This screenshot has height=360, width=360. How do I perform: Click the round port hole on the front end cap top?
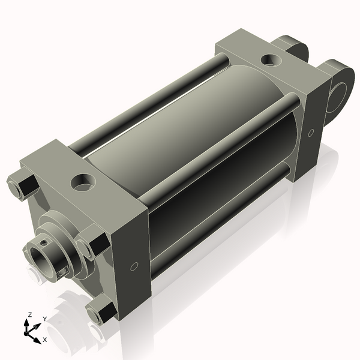click(x=83, y=182)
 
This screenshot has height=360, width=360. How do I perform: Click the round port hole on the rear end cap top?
click(x=271, y=60)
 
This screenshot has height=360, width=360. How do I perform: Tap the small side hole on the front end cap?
click(x=134, y=266)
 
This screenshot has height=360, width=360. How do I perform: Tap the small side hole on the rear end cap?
click(x=311, y=133)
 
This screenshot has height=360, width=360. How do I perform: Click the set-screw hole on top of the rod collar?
click(x=44, y=242)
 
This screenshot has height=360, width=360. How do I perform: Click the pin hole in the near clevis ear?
click(x=337, y=97)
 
